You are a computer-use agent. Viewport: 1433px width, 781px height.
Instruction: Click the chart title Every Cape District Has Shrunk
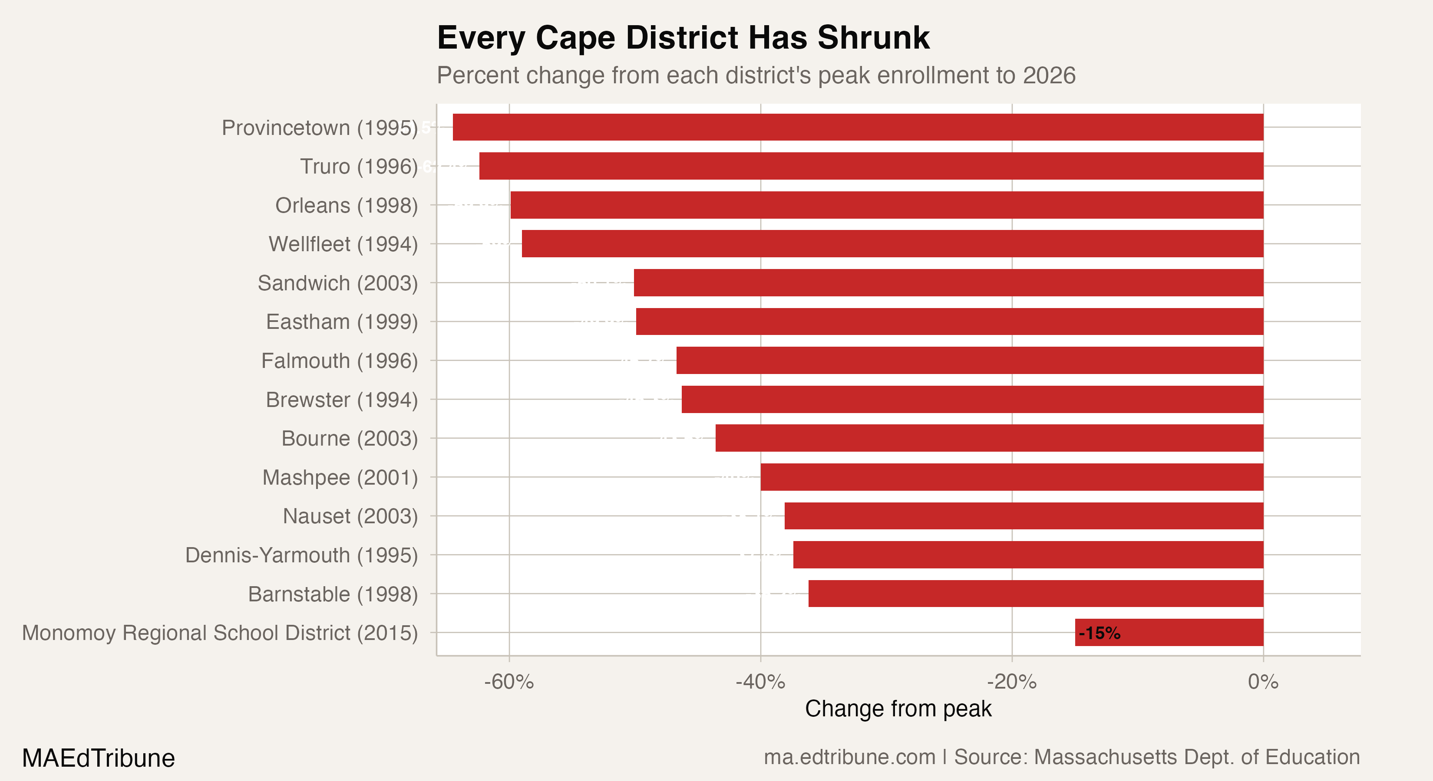pyautogui.click(x=683, y=38)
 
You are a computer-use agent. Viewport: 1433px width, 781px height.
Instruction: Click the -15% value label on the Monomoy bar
pyautogui.click(x=1099, y=633)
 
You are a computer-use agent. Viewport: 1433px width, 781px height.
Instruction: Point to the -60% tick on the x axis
pyautogui.click(x=509, y=682)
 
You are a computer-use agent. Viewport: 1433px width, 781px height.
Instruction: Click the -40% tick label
pyautogui.click(x=760, y=682)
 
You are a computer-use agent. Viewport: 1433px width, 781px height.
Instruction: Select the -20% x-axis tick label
pyautogui.click(x=1012, y=682)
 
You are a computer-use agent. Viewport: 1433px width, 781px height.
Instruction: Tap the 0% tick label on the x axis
pyautogui.click(x=1263, y=682)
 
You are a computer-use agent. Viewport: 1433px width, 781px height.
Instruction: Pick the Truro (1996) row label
pyautogui.click(x=359, y=166)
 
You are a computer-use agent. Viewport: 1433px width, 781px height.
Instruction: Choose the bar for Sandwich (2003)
pyautogui.click(x=948, y=282)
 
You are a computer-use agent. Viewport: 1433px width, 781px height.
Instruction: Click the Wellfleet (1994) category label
pyautogui.click(x=343, y=244)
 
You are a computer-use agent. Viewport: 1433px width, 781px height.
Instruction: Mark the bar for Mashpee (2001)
pyautogui.click(x=1012, y=477)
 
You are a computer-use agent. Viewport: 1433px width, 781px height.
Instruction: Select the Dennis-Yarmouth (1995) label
pyautogui.click(x=301, y=555)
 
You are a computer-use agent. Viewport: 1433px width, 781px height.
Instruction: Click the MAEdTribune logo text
pyautogui.click(x=99, y=758)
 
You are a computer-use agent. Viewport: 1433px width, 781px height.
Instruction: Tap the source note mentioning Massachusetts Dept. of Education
pyautogui.click(x=1061, y=757)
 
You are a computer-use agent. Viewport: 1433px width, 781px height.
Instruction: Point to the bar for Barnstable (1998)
pyautogui.click(x=1036, y=593)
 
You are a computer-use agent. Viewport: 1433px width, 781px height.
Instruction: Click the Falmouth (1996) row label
pyautogui.click(x=339, y=361)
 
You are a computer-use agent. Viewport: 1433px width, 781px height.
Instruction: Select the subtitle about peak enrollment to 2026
pyautogui.click(x=756, y=75)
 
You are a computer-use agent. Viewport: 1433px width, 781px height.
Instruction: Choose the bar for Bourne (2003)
pyautogui.click(x=989, y=438)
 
